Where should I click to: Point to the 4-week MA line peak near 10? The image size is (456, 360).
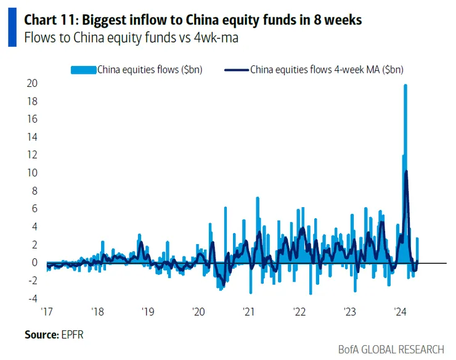406,172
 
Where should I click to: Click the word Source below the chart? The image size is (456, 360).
41,335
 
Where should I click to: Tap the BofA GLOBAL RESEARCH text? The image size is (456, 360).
391,349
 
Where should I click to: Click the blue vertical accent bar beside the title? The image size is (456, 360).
12,28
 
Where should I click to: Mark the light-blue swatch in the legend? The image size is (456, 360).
83,70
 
